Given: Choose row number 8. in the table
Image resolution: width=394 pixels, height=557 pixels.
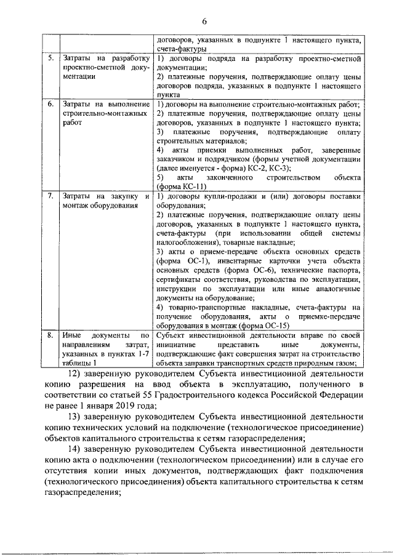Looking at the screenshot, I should coord(51,335).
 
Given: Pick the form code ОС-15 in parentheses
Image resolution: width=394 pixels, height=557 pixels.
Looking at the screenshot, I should coord(271,326).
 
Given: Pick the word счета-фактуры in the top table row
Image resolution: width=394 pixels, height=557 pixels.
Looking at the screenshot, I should coord(181,47).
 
